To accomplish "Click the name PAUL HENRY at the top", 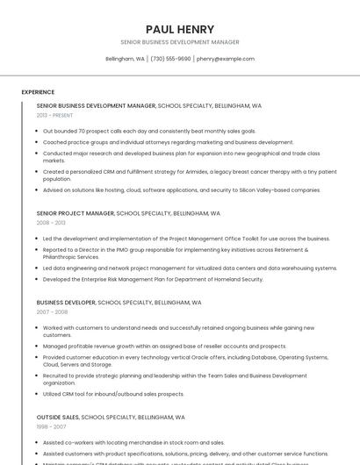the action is click(179, 29).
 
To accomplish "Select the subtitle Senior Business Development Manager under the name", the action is click(179, 42).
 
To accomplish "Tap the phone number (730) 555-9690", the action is click(170, 59).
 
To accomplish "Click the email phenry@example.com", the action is click(226, 59).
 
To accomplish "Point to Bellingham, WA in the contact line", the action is click(125, 59).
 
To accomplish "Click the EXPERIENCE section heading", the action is click(38, 92).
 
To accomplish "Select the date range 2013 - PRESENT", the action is click(54, 115).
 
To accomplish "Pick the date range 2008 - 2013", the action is click(50, 223).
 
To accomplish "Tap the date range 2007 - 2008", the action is click(52, 311).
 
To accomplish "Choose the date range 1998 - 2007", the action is click(50, 427).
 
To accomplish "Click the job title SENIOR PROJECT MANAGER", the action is click(76, 213).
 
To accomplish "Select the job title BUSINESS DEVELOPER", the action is click(66, 302).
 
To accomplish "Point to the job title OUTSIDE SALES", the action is click(58, 418).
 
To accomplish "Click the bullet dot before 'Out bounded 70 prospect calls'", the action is click(37, 131).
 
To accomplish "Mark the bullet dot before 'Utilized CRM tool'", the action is click(37, 394).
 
